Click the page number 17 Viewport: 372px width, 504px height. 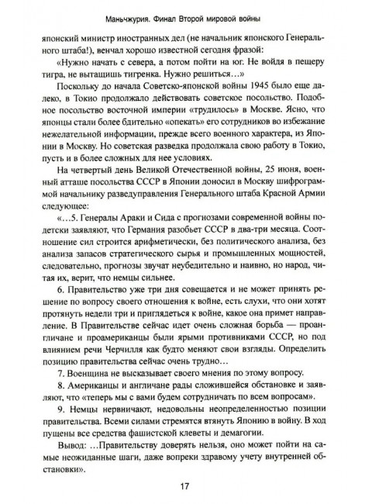pos(184,487)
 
